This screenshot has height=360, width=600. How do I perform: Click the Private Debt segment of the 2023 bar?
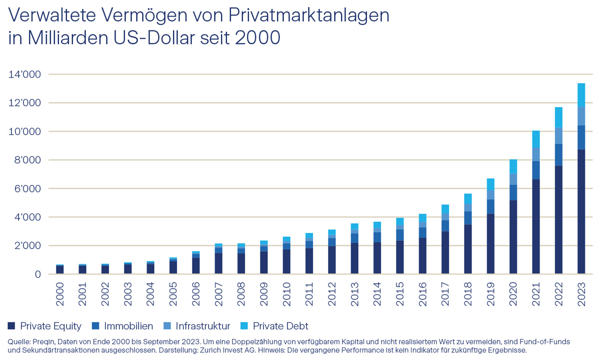coord(581,95)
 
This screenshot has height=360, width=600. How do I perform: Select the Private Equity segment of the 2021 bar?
coord(536,226)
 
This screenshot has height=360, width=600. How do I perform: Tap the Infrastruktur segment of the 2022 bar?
coord(558,136)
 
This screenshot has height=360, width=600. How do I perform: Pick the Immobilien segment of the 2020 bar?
coord(513,192)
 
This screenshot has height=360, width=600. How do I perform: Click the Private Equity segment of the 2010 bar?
coord(286,261)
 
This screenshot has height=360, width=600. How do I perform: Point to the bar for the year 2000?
coord(59,269)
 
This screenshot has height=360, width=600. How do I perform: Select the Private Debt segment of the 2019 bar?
coord(490,184)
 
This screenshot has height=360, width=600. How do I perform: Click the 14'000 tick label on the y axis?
coord(25,74)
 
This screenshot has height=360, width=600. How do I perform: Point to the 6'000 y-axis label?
coord(28,189)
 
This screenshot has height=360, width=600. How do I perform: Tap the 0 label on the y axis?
coord(38,274)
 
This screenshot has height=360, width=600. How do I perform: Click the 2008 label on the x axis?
coord(241,294)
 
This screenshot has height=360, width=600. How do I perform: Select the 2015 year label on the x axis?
coord(400,294)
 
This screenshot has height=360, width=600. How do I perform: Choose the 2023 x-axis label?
coord(581,294)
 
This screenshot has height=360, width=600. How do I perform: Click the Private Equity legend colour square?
coord(11,325)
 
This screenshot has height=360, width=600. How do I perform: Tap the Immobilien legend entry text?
coord(128,326)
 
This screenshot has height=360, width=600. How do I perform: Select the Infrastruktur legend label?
coord(203,326)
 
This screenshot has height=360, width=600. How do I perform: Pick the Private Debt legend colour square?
coord(244,325)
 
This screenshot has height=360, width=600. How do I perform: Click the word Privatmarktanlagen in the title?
coord(309,16)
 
